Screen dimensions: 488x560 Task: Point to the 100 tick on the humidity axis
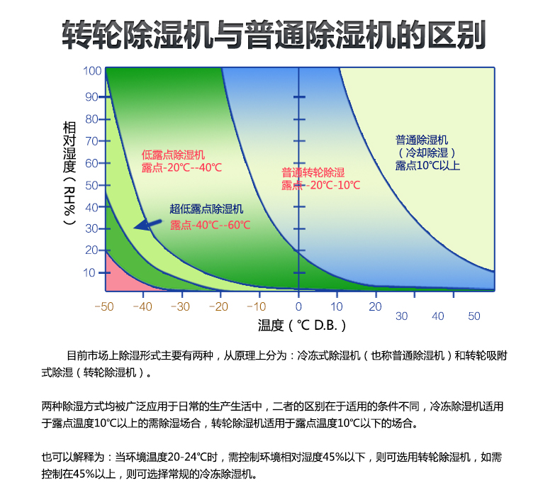pos(93,71)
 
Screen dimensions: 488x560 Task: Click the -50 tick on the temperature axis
pos(104,306)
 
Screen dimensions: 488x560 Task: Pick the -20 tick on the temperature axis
pos(220,306)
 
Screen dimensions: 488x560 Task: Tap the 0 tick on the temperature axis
pos(298,306)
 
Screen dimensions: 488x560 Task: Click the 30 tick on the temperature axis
pos(402,316)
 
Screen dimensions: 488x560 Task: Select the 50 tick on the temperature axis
pos(474,316)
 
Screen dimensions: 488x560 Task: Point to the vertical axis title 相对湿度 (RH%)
pos(69,174)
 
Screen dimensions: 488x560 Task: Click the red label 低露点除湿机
pos(173,154)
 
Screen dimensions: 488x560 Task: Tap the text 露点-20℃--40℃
pos(182,168)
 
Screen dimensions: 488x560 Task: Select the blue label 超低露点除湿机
pos(206,209)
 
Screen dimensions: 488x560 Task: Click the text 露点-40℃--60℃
pos(211,225)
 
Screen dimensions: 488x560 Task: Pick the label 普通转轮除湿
pos(313,172)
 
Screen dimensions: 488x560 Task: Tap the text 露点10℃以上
pos(427,165)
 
